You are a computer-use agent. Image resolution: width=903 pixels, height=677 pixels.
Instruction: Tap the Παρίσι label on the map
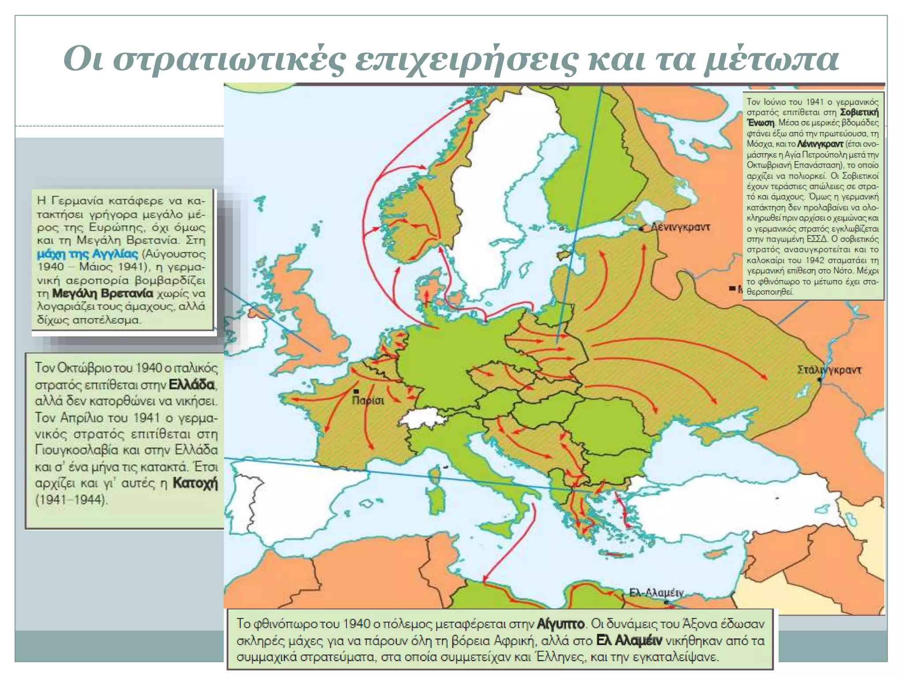click(x=368, y=401)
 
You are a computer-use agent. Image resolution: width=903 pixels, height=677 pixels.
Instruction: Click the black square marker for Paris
click(x=356, y=391)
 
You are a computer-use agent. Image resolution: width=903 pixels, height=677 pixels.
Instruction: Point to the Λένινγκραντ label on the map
click(x=681, y=227)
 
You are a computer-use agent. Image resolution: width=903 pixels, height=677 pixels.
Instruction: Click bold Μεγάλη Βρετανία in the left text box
click(x=102, y=294)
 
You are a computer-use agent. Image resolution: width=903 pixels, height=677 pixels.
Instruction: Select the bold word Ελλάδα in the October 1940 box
click(x=192, y=385)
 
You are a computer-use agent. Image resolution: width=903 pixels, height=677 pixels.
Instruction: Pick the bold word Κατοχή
click(x=195, y=483)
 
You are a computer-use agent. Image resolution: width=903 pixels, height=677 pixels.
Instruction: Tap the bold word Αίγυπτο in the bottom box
click(x=560, y=624)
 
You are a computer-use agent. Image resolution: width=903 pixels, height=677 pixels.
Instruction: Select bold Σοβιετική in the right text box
click(x=859, y=112)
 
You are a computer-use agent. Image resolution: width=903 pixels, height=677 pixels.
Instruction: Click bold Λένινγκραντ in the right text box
click(x=820, y=144)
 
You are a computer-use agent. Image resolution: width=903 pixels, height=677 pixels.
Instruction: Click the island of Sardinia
click(x=436, y=497)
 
